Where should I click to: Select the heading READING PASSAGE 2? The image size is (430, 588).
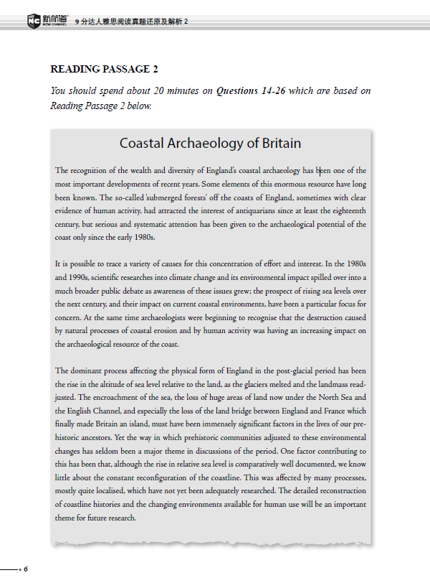point(104,70)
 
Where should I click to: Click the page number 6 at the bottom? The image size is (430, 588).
point(26,569)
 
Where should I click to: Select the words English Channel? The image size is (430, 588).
point(93,411)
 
